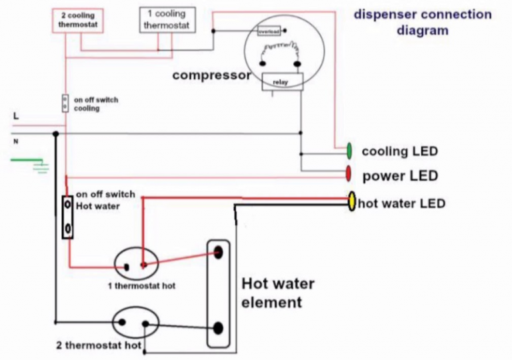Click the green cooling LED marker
click(349, 151)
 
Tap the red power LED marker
click(349, 175)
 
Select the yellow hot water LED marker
click(351, 202)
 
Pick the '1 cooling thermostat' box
click(167, 19)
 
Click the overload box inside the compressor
click(269, 31)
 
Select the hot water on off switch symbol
click(67, 218)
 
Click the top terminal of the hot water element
click(217, 252)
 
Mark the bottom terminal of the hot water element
click(217, 328)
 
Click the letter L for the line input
click(16, 116)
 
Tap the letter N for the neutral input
click(15, 141)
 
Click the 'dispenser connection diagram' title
click(422, 22)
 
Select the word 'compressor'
click(211, 75)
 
